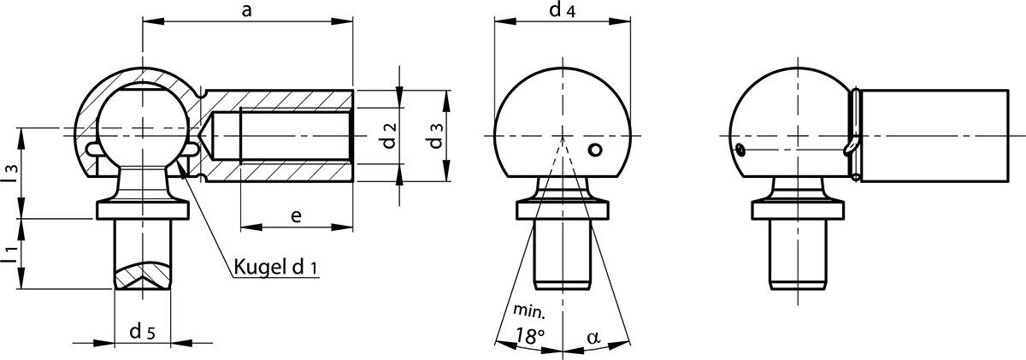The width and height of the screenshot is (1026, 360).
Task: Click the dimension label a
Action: [x=247, y=10]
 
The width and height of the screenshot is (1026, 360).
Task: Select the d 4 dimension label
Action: [x=562, y=9]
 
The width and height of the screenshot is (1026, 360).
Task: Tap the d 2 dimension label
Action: [x=389, y=136]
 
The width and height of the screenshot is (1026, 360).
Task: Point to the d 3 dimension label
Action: [x=436, y=136]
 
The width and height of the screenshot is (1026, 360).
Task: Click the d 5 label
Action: [x=143, y=331]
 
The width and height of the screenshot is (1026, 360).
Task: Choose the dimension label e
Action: [x=297, y=215]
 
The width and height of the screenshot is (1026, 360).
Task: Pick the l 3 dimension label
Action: [x=11, y=174]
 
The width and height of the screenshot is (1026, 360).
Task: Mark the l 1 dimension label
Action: [x=11, y=254]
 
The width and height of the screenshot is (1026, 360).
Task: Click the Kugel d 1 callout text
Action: [x=275, y=267]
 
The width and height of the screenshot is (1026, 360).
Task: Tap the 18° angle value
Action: [x=530, y=336]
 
